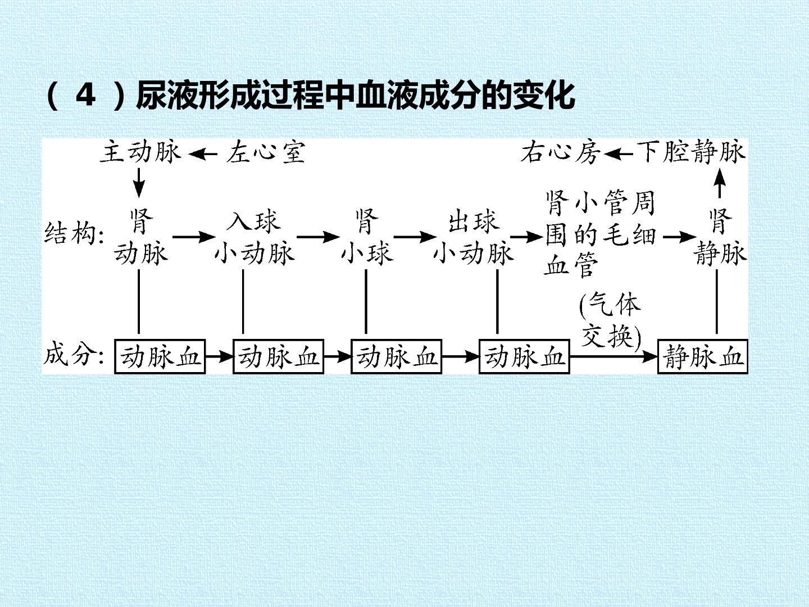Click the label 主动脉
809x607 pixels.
coord(140,151)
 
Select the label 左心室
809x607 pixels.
coord(266,152)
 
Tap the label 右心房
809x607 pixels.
coord(560,152)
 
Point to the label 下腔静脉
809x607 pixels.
coord(692,151)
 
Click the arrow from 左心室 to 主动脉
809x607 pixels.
coord(203,154)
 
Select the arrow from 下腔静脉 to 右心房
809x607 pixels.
coord(619,154)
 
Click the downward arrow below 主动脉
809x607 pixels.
coord(139,183)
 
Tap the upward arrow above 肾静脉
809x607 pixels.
coord(720,183)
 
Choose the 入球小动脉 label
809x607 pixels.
coord(254,237)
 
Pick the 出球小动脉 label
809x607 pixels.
coord(474,237)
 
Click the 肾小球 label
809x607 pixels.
coord(367,237)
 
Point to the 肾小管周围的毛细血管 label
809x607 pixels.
coord(601,234)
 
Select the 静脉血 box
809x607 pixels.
coord(703,357)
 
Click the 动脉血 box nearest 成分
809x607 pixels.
coord(160,357)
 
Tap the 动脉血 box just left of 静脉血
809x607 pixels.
coord(524,357)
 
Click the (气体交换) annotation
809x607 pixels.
coord(610,320)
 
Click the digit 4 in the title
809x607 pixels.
coord(85,95)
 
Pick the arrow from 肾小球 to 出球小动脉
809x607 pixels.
coord(415,237)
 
